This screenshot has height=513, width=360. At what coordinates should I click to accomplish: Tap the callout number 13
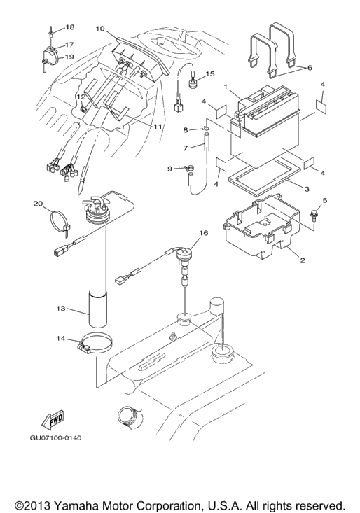pos(61,308)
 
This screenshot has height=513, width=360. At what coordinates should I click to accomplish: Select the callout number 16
pos(203,233)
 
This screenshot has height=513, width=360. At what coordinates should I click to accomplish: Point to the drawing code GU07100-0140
pos(56,437)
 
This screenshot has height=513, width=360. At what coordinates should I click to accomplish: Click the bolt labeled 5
pos(312,216)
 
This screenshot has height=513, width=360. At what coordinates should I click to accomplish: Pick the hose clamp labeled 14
pos(96,342)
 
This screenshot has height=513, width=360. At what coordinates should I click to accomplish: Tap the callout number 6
pos(310,68)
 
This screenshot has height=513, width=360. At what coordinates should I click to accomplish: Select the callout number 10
pos(100,29)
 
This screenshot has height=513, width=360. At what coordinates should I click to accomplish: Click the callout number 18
pos(70,27)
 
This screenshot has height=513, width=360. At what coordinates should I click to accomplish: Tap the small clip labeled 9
pos(188,168)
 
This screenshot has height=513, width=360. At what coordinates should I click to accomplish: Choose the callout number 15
pos(210,74)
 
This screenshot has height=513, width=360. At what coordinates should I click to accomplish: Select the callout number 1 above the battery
pos(226,87)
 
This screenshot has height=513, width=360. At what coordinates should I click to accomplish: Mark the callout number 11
pos(158,127)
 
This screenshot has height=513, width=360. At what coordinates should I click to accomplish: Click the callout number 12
pos(81,97)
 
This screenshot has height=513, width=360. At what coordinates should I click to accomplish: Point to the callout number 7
pos(186,148)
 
